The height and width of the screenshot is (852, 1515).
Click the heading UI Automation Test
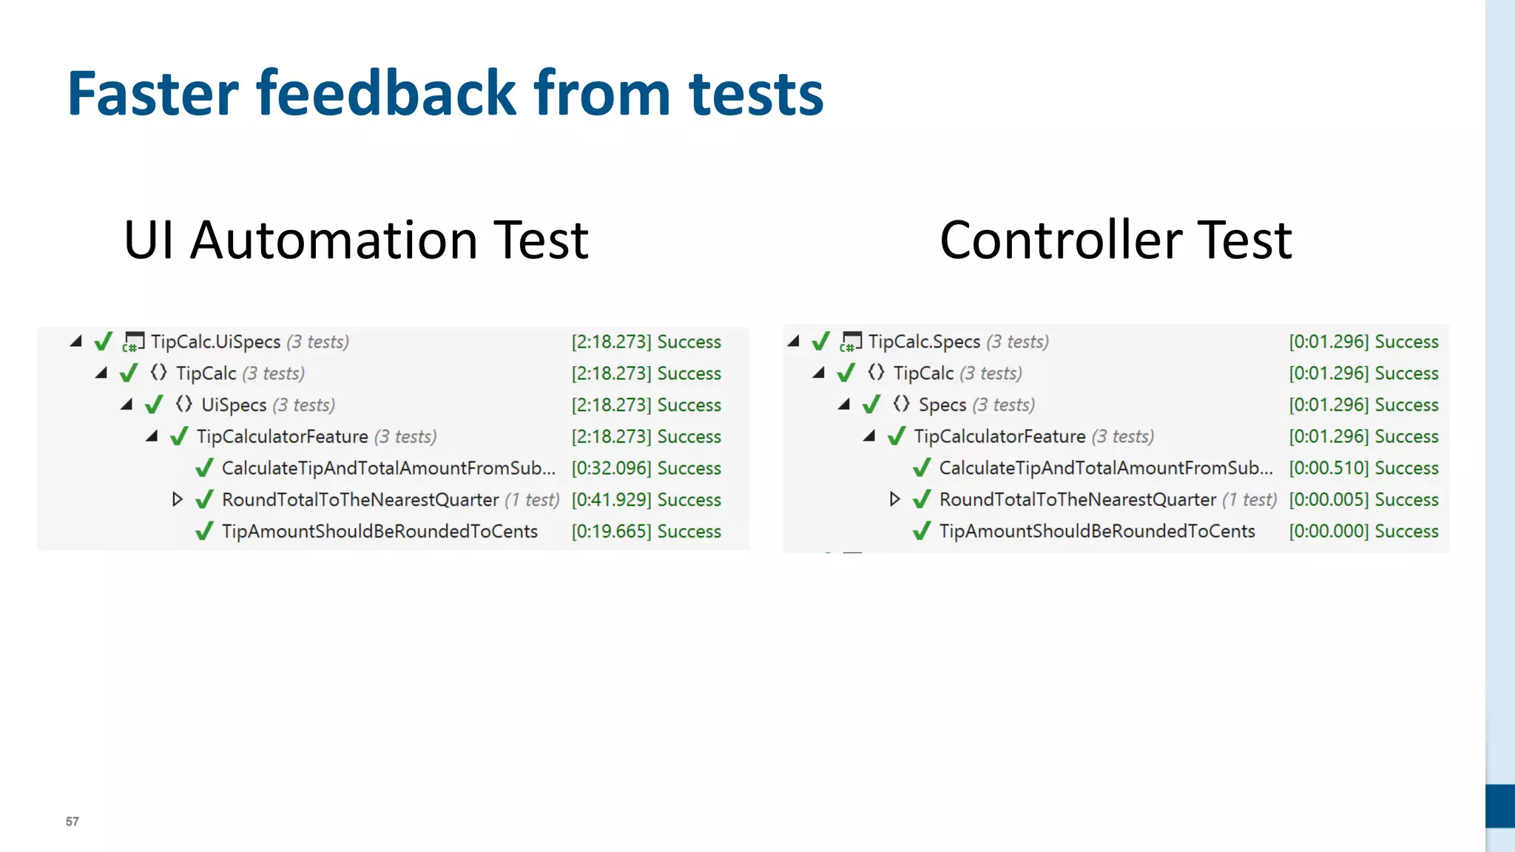pos(356,240)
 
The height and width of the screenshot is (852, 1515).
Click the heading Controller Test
pos(1115,240)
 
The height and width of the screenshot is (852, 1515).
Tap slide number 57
pos(72,821)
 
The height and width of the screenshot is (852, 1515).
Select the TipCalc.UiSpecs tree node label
pos(215,342)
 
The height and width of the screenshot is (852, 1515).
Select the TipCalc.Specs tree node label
pos(924,342)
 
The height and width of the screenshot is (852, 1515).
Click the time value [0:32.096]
pos(611,468)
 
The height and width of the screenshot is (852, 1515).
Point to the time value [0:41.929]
pos(611,500)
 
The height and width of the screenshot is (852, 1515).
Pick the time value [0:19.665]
pos(611,532)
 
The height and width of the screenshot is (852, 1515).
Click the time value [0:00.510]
pos(1329,468)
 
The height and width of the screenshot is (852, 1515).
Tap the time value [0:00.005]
pos(1329,500)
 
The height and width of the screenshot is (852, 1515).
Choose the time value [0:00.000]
pos(1329,532)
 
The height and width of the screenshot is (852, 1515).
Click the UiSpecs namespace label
pos(234,405)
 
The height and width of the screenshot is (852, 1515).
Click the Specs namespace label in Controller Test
pos(942,405)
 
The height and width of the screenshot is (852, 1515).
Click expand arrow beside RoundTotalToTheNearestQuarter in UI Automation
pos(177,499)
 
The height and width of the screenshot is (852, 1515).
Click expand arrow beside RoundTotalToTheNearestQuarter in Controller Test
pos(894,499)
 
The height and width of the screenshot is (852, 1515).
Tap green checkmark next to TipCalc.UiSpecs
pos(104,342)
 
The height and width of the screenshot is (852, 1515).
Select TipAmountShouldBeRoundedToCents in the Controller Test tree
pos(1097,532)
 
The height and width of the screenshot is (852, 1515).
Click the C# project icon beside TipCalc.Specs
pos(851,342)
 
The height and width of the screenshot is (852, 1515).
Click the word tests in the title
pos(755,94)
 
